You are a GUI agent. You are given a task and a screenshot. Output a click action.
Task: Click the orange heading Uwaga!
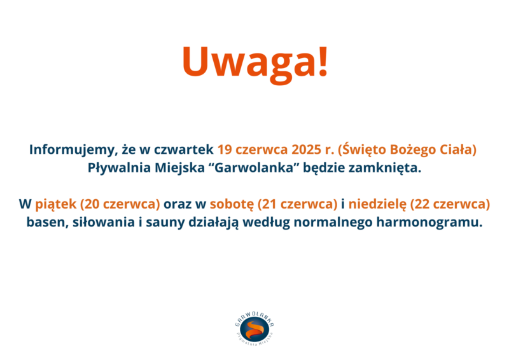[255, 63]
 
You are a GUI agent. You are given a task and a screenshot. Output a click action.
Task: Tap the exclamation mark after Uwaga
[323, 61]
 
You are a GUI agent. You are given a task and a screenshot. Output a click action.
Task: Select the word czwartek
[184, 149]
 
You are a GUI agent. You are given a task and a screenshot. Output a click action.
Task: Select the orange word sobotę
[232, 204]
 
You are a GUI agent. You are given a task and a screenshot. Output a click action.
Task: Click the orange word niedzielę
[377, 204]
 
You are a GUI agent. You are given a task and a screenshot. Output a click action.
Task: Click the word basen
[47, 223]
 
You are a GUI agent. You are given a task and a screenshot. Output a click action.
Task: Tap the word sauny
[165, 223]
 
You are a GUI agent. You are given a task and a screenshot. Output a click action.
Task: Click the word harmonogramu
[429, 223]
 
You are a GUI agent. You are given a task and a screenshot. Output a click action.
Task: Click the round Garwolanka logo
[255, 329]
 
